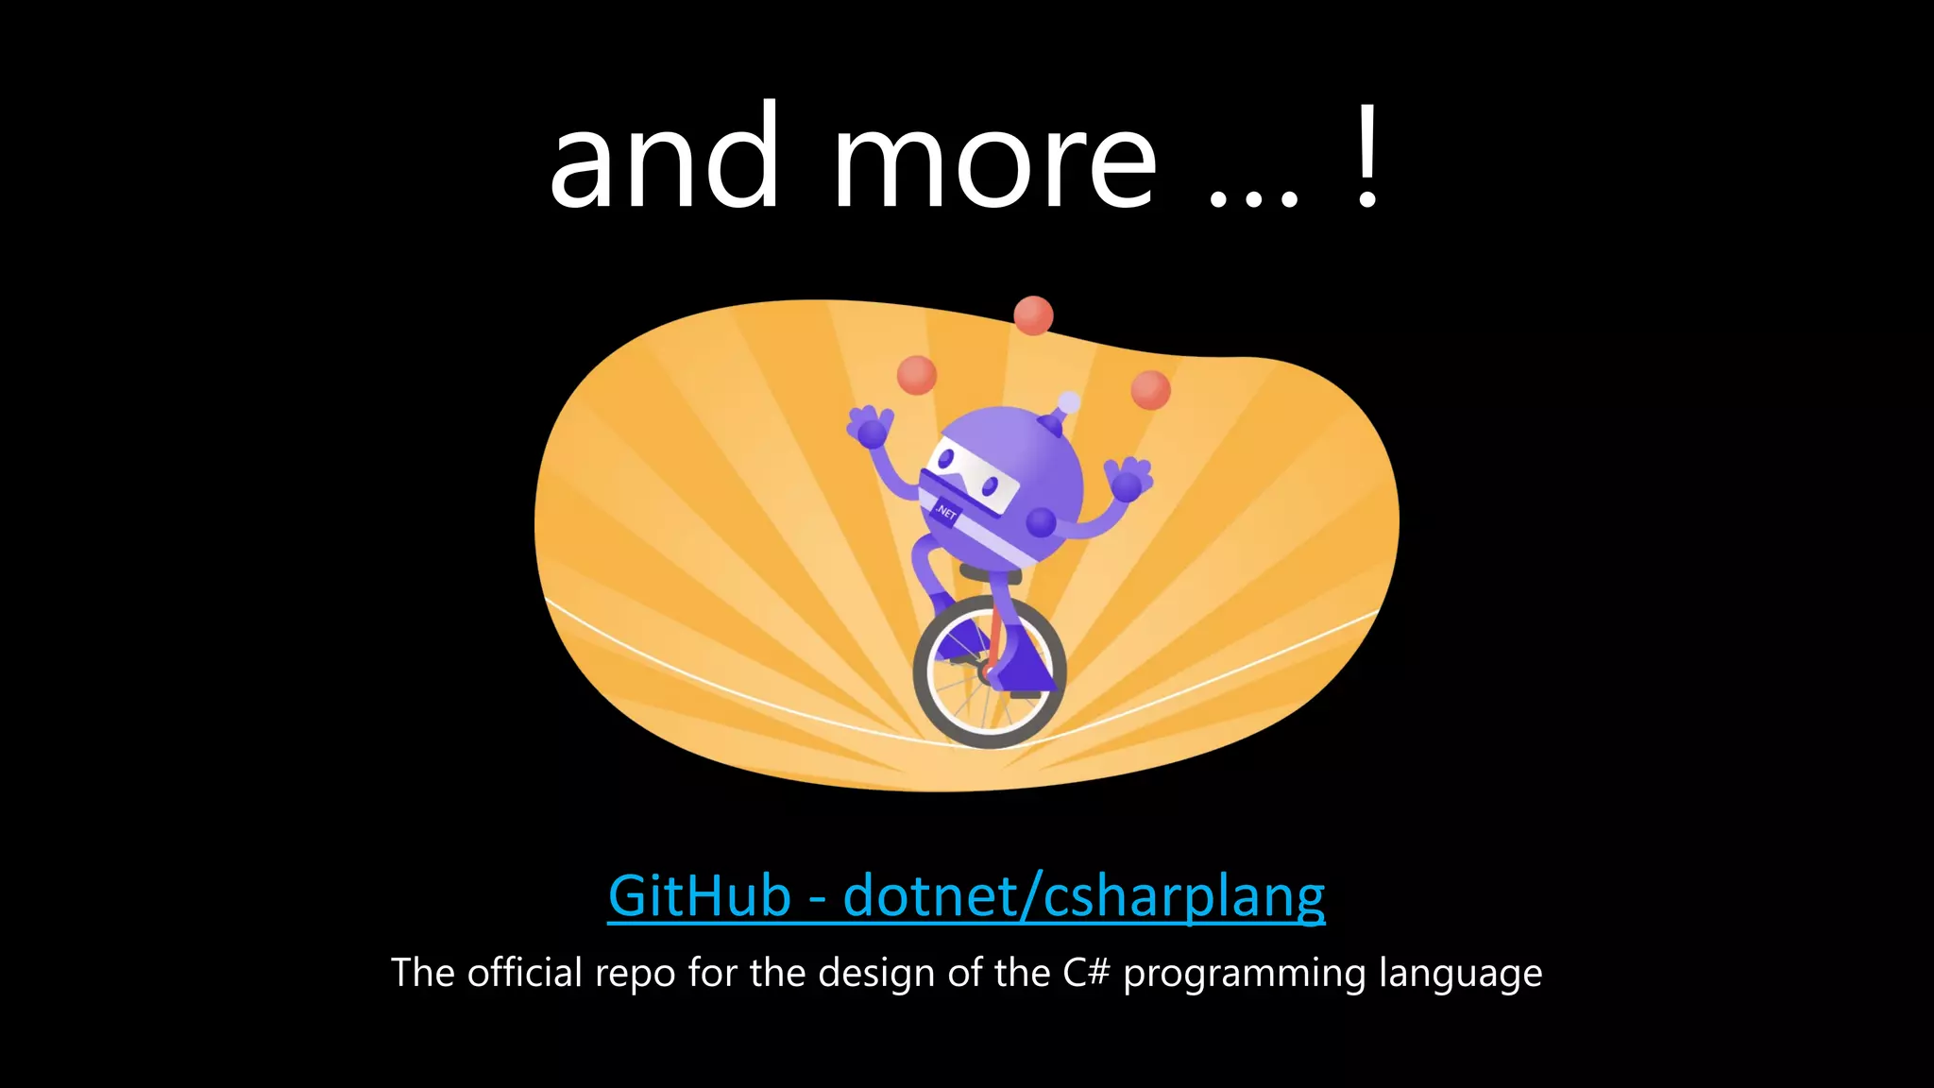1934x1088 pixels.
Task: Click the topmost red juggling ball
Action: [x=1033, y=315]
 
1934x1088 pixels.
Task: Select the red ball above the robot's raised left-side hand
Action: [x=916, y=375]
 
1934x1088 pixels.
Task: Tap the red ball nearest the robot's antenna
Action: [x=1150, y=389]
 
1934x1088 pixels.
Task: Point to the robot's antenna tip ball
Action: [x=1069, y=402]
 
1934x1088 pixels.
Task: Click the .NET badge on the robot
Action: [x=946, y=513]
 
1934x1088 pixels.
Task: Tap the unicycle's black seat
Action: [x=990, y=573]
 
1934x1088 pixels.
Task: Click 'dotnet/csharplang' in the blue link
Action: [x=1084, y=897]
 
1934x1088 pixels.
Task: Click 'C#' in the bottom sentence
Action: [x=1085, y=973]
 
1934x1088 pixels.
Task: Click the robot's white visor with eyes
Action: [x=973, y=477]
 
